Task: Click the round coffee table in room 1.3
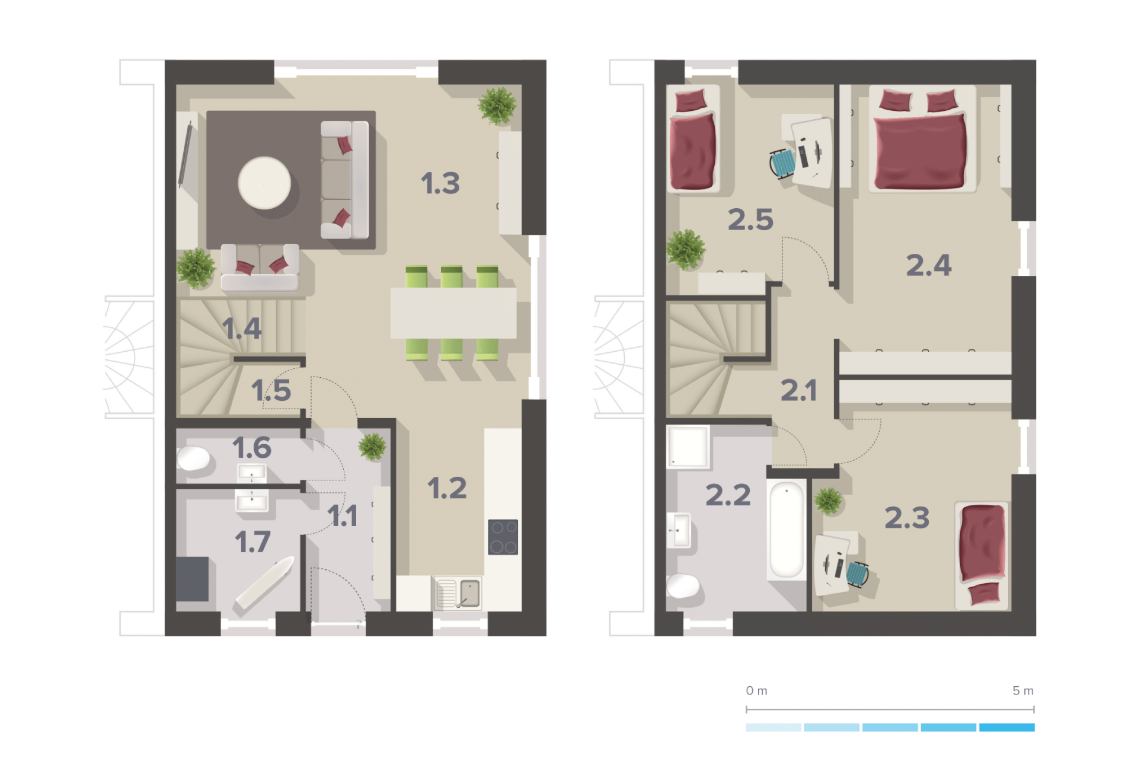click(x=264, y=183)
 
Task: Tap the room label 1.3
click(x=440, y=183)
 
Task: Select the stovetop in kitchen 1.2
click(x=503, y=537)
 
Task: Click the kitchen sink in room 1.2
click(x=458, y=593)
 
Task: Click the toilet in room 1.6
click(x=193, y=458)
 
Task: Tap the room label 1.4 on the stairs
click(x=242, y=329)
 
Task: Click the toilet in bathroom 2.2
click(x=683, y=586)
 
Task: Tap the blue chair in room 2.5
click(x=783, y=163)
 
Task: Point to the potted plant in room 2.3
click(x=828, y=501)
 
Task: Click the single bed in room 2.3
click(x=982, y=556)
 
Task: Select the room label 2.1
click(x=798, y=390)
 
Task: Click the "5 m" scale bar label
click(x=1023, y=690)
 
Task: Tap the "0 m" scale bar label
click(x=756, y=690)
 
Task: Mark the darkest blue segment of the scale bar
click(x=1007, y=727)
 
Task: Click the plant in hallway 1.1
click(x=373, y=447)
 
